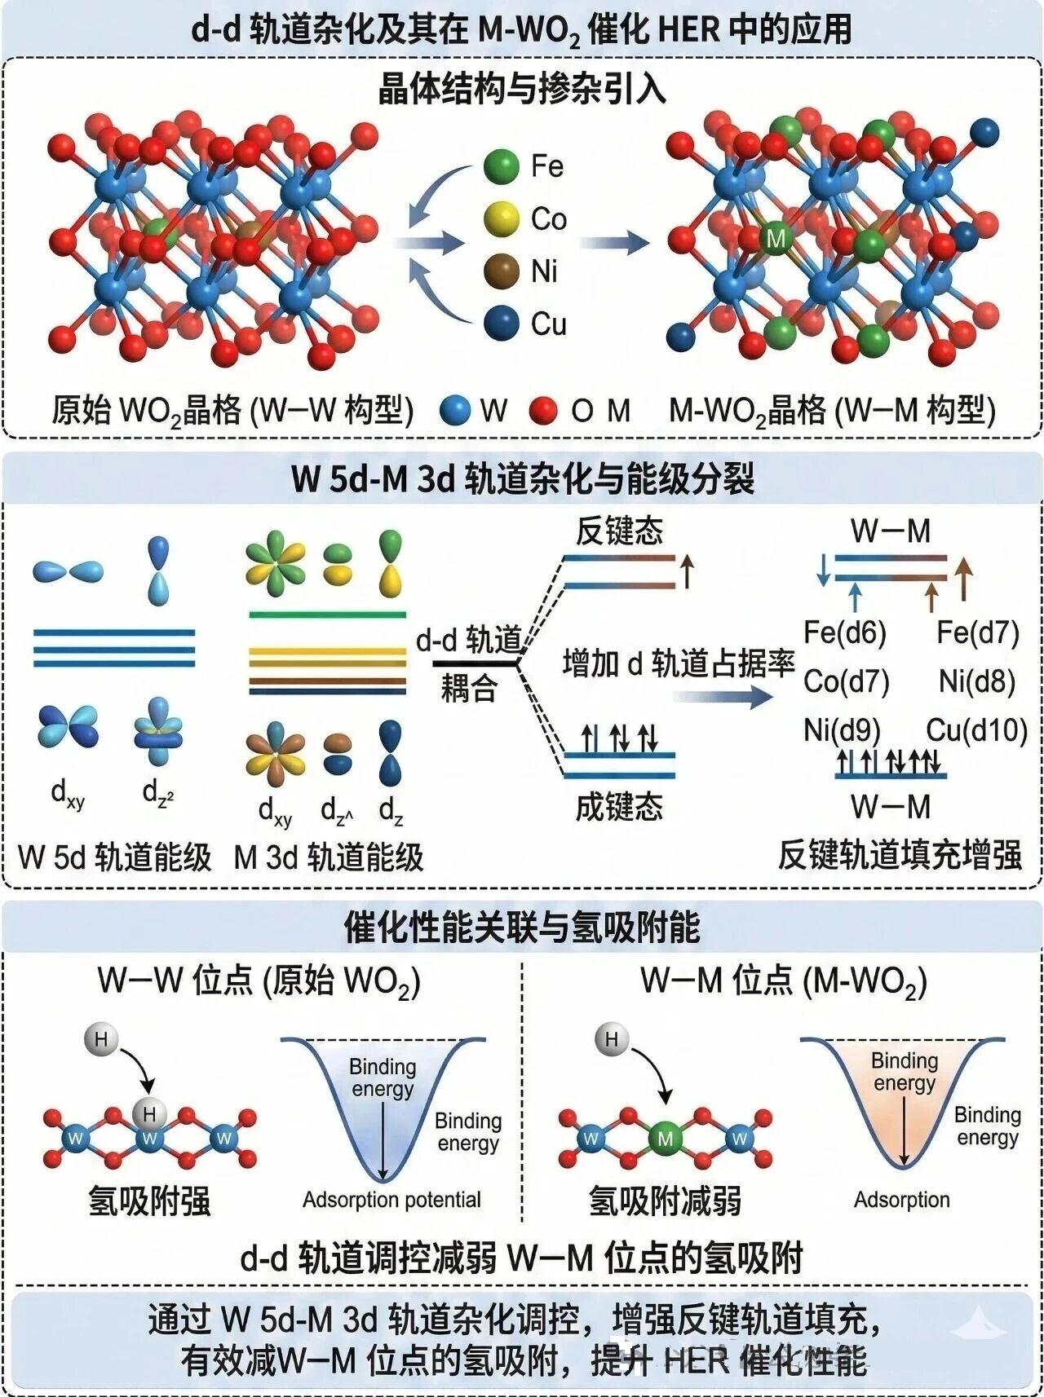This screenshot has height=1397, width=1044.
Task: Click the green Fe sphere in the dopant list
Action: [x=501, y=166]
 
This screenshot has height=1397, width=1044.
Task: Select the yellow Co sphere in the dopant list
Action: [x=501, y=218]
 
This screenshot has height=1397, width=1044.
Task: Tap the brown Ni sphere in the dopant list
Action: [x=501, y=271]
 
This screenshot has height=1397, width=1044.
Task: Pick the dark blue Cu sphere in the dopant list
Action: [x=501, y=323]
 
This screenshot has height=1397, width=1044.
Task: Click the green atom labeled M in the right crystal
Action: [x=776, y=239]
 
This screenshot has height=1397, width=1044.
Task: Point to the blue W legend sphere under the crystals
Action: [x=455, y=410]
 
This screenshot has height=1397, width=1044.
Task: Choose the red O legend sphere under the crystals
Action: [x=542, y=410]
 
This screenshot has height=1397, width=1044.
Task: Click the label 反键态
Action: [x=619, y=531]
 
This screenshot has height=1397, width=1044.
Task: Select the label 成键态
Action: [x=619, y=807]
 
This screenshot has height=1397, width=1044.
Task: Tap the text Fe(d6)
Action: [x=845, y=632]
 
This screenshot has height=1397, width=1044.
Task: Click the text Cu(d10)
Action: [x=977, y=730]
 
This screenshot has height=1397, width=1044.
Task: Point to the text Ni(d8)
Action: [x=977, y=681]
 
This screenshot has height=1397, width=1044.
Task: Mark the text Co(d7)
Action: [x=846, y=681]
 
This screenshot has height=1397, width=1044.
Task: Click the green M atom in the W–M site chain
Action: [x=665, y=1139]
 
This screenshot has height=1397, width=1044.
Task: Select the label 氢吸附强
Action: [x=149, y=1201]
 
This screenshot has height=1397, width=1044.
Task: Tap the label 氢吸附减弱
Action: [x=665, y=1201]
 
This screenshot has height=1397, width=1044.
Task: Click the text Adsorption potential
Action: [x=391, y=1200]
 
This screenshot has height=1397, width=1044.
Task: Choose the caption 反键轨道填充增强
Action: [x=900, y=856]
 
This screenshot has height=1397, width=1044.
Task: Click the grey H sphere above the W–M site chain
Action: [x=612, y=1039]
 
